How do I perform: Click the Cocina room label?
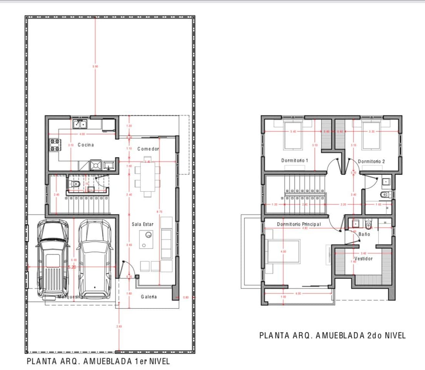[x=86, y=145]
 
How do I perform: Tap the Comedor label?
[x=148, y=149]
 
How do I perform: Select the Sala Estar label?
[x=142, y=224]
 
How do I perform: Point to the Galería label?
[x=148, y=296]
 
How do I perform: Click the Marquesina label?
[x=70, y=296]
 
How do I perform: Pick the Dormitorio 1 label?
[x=295, y=160]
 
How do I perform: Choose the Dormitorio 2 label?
[x=371, y=161]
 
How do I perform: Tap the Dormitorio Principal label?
[x=298, y=224]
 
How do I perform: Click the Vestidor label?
[x=363, y=259]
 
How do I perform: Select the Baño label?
[x=364, y=234]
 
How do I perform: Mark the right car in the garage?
[x=95, y=259]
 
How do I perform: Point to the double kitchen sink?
[x=80, y=124]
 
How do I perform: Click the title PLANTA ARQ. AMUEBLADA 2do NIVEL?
[x=332, y=335]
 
